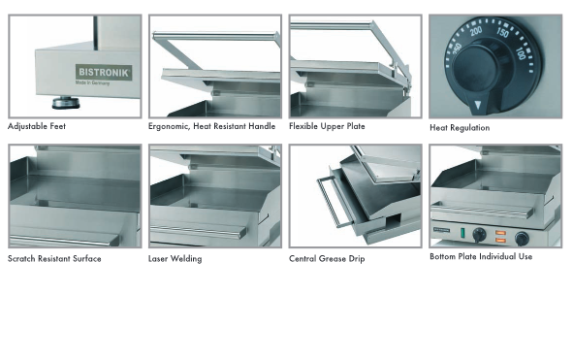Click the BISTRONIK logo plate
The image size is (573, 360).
pos(104,72)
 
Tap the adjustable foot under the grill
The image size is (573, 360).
pos(66,103)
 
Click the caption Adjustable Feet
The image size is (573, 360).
pos(37,126)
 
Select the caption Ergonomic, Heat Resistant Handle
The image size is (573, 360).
pos(212,126)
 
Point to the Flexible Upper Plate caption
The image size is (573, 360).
pos(327,126)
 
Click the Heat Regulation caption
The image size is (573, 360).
pos(460,128)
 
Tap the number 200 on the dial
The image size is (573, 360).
pos(476,31)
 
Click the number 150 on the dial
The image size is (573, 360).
pos(502,33)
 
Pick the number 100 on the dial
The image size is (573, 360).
pos(521,53)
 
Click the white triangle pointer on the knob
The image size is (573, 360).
pos(478,106)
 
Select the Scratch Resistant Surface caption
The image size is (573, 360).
pos(54,259)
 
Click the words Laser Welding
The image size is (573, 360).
pos(175,259)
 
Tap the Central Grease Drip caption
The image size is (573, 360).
pos(327,259)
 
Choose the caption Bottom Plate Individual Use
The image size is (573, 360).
pos(481,256)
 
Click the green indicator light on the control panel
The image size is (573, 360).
pos(462,233)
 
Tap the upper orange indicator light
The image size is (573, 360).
pos(500,233)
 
